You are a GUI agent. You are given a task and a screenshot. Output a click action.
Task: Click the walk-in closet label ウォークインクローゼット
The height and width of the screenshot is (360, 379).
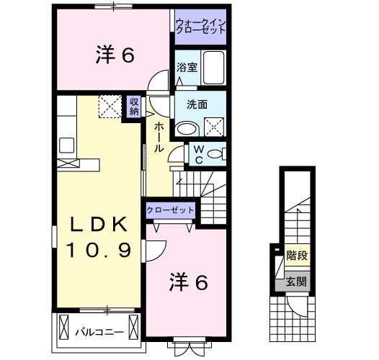(201, 26)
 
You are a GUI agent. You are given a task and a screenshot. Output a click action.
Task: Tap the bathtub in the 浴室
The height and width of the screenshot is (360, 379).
(214, 68)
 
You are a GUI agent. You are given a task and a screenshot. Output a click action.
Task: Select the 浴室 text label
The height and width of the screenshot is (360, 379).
(187, 68)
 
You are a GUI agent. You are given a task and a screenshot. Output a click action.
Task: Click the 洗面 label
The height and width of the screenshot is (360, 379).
(197, 104)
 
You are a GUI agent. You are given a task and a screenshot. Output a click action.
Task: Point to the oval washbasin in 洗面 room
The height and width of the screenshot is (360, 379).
(187, 129)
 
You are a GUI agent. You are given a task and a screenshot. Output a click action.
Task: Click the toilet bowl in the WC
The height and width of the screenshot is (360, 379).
(215, 154)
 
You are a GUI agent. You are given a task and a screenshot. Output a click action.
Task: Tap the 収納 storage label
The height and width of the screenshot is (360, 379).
(133, 106)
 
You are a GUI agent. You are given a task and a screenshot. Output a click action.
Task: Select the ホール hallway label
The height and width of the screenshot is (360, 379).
(159, 137)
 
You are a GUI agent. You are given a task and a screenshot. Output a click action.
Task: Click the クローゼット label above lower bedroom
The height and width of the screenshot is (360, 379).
(170, 210)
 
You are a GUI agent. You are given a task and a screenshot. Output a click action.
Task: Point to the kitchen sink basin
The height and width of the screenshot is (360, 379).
(67, 145)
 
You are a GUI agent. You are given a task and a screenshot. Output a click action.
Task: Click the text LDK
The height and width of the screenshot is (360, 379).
(99, 224)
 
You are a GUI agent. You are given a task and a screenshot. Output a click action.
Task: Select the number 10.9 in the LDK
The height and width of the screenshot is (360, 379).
(99, 250)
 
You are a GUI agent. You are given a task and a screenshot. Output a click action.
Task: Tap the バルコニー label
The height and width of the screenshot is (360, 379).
(99, 332)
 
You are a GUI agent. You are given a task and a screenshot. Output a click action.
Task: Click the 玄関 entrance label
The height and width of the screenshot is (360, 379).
(296, 282)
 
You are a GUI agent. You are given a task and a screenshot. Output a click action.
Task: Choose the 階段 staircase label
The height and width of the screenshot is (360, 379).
(297, 255)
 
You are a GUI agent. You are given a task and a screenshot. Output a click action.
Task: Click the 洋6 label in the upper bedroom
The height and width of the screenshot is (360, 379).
(115, 56)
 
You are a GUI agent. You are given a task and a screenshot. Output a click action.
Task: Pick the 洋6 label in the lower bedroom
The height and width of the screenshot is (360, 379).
(189, 282)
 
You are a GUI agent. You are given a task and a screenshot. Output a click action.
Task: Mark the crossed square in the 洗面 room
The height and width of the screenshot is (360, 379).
(214, 127)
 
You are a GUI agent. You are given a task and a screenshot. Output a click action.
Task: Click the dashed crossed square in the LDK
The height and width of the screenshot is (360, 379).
(110, 107)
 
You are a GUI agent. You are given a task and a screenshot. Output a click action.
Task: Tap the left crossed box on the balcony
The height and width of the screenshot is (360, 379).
(64, 328)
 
